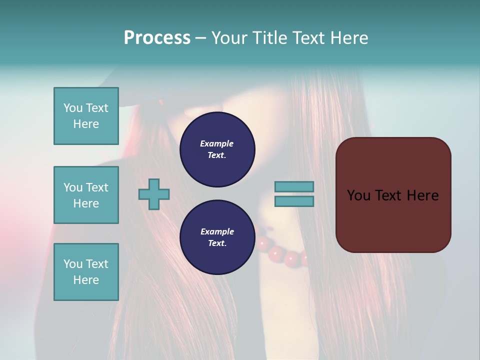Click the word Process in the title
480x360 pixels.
157,38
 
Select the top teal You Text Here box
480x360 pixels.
86,116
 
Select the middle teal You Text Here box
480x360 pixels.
86,195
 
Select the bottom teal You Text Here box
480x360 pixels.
86,272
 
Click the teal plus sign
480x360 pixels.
154,194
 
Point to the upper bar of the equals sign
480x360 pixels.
294,186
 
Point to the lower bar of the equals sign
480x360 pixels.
294,201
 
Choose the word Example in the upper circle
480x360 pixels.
216,143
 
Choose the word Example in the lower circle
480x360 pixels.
217,231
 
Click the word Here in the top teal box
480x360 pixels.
86,124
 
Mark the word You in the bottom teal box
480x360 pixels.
72,264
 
